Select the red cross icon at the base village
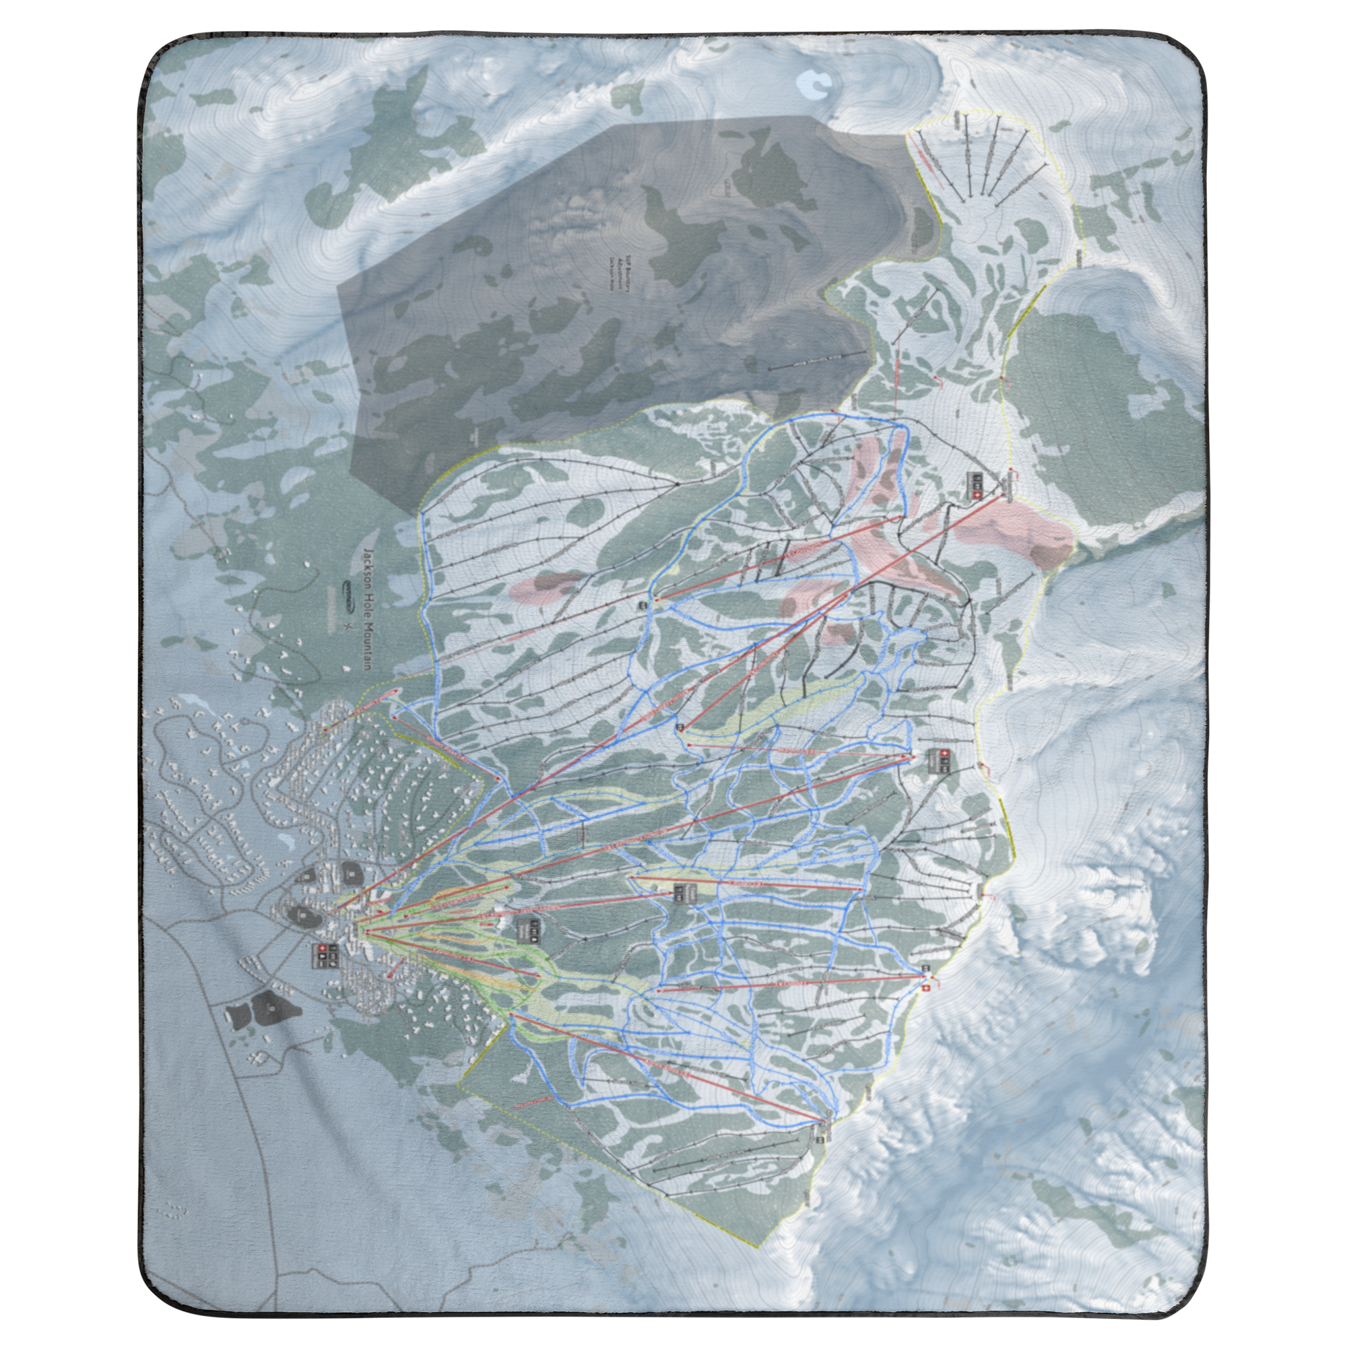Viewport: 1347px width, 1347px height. coord(322,950)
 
